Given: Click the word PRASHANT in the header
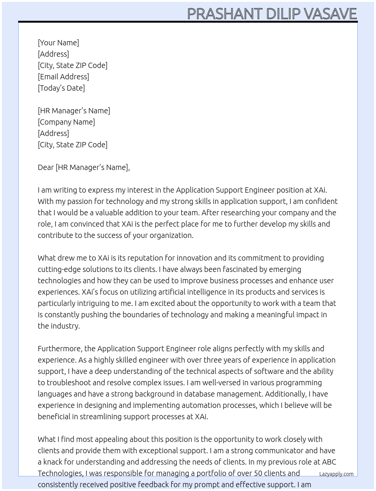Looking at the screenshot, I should (x=225, y=14).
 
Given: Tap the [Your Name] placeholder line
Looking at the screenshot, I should (x=58, y=43).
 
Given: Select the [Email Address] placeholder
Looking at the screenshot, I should (x=63, y=77).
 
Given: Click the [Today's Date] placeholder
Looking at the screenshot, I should (x=61, y=88).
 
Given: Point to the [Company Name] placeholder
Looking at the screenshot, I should (x=66, y=122).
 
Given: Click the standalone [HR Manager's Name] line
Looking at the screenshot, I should (x=74, y=111).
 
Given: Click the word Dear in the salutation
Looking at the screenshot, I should (x=46, y=167).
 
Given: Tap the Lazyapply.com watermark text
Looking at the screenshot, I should (x=336, y=474).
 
